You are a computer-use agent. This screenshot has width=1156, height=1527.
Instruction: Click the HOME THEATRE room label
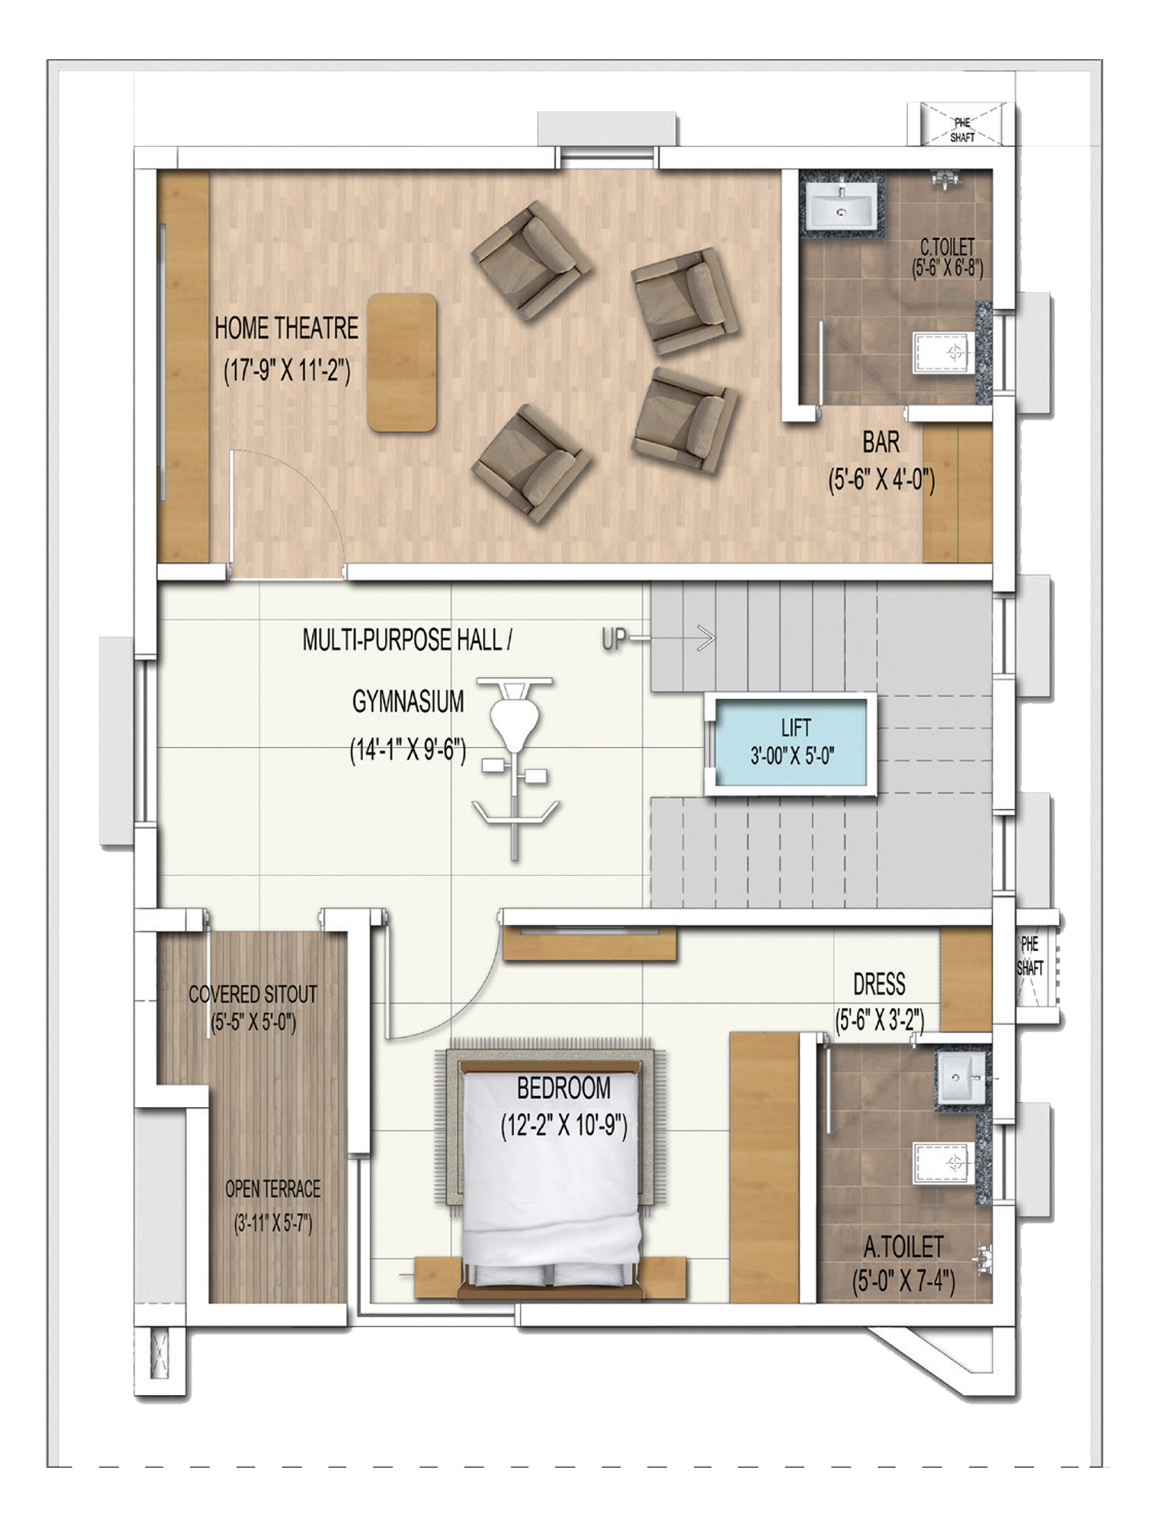286,328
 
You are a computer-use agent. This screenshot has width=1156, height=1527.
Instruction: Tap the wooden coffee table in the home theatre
402,363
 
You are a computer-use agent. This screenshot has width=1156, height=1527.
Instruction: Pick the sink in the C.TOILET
841,210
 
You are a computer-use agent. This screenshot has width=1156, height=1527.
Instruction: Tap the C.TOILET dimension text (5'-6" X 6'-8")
947,268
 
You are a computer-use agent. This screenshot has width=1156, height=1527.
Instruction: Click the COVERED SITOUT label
252,995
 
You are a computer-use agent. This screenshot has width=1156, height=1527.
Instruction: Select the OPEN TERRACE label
273,1189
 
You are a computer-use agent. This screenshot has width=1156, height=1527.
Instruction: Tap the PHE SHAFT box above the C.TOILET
962,129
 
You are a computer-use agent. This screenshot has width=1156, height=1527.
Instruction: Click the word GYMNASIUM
408,702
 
